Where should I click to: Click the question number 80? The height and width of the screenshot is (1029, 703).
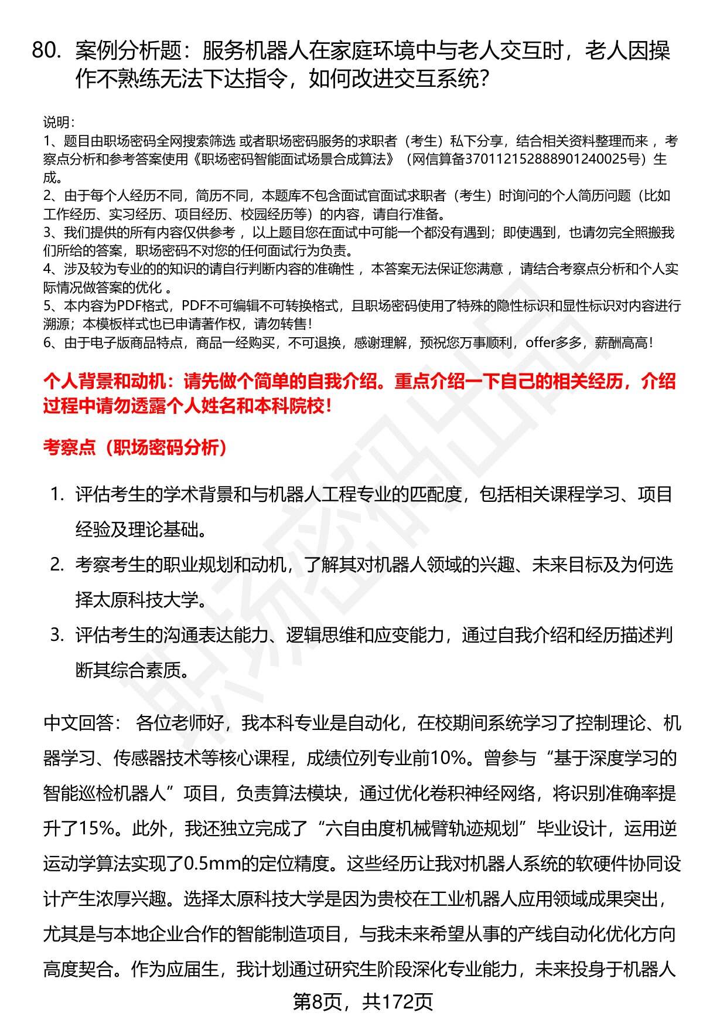[46, 52]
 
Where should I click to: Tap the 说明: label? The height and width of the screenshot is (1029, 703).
[58, 123]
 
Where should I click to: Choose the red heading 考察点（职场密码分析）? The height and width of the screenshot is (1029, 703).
[135, 448]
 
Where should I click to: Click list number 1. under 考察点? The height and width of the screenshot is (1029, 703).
[57, 494]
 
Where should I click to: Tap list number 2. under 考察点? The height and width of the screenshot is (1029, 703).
[57, 565]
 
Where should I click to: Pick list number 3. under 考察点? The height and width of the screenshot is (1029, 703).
[57, 635]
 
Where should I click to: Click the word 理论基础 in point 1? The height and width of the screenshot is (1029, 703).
[163, 529]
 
